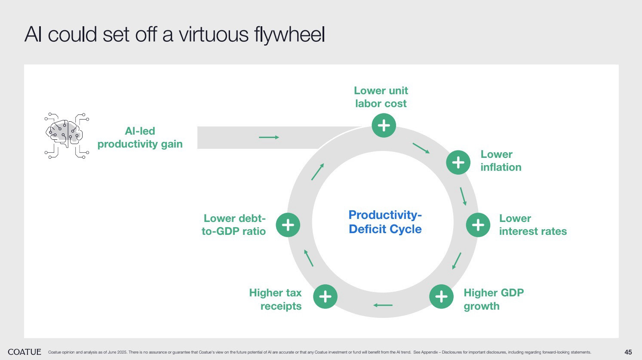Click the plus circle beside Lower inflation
coord(458,162)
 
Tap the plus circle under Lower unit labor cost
coord(384,125)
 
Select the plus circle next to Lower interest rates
coord(478,225)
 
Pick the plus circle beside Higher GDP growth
coord(441,296)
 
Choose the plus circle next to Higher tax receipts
coord(325,296)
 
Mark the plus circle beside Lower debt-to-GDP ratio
coord(288,225)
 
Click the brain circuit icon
coord(67,135)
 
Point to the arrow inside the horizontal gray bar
coord(269,137)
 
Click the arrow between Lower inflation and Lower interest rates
coord(463,196)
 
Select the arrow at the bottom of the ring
coord(383,305)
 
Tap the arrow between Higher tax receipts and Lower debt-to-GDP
coord(309,258)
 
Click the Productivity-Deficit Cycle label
coord(385,222)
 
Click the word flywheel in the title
coord(289,35)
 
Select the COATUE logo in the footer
coord(25,352)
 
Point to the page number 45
coord(628,352)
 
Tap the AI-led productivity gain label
coord(140,138)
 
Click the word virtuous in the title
coord(214,35)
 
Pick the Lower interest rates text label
coord(533,225)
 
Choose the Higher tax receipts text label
coord(276,299)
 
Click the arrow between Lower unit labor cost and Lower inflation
coord(421,148)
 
